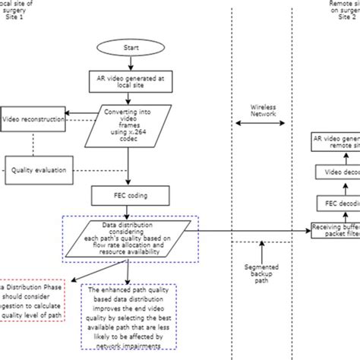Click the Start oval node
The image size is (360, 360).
pyautogui.click(x=131, y=49)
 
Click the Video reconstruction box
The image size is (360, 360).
pyautogui.click(x=33, y=119)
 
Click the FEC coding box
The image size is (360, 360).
pyautogui.click(x=131, y=195)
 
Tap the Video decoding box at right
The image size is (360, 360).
pyautogui.click(x=336, y=172)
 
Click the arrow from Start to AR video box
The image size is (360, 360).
pyautogui.click(x=131, y=65)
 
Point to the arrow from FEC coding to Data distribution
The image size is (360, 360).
pyautogui.click(x=131, y=210)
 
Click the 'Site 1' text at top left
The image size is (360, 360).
pyautogui.click(x=17, y=16)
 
